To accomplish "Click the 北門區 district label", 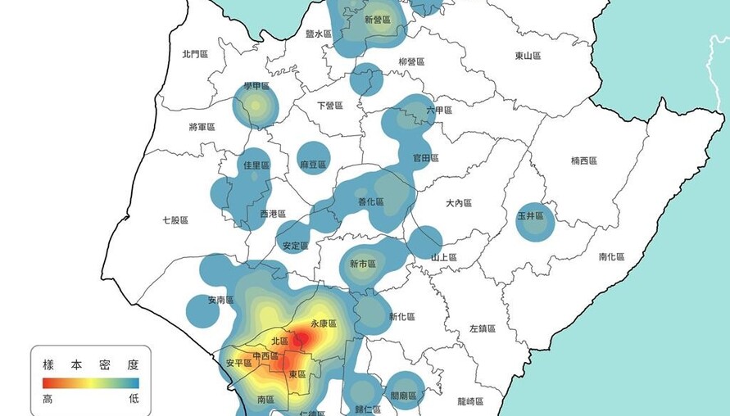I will (x=195, y=54).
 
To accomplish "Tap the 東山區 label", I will (x=528, y=56).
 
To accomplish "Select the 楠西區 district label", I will (x=584, y=161).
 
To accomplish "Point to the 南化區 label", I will (x=611, y=256).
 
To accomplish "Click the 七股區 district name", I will (x=175, y=220).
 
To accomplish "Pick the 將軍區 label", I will (x=202, y=127).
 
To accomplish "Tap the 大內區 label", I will (x=459, y=202).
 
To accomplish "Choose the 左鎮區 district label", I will (x=482, y=328).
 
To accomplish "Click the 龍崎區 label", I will (x=470, y=401).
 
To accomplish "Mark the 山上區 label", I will (x=444, y=257).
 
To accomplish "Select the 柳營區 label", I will (x=411, y=61).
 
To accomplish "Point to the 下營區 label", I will (x=329, y=106).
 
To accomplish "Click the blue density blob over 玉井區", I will (x=535, y=221).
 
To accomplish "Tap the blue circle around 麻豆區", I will (x=314, y=158).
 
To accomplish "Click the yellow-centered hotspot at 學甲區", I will (x=256, y=105).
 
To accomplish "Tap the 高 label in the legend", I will (x=48, y=399).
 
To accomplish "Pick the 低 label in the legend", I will (x=134, y=399).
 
